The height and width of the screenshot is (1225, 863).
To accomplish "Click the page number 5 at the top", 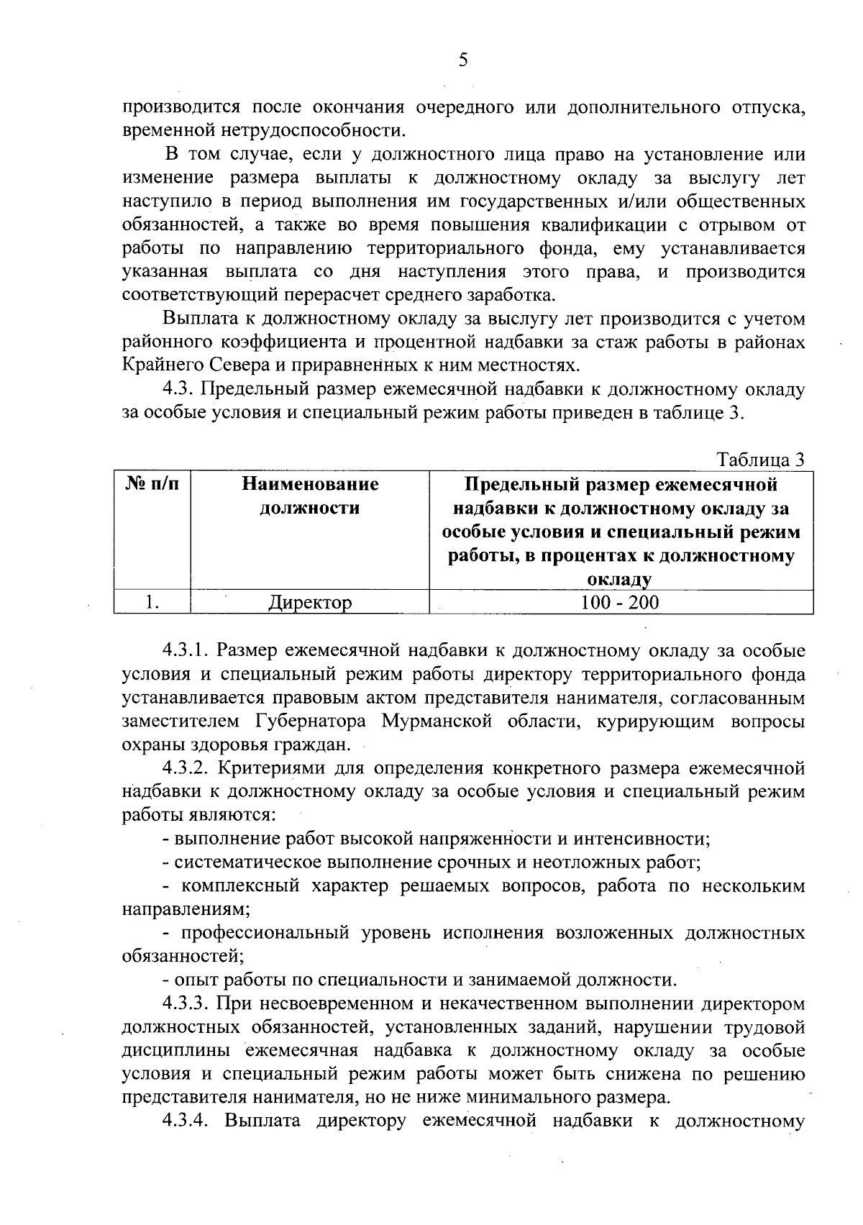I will click(463, 60).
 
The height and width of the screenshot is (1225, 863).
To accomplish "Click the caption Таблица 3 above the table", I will click(759, 460).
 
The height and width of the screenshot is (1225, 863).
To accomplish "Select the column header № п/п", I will click(152, 485).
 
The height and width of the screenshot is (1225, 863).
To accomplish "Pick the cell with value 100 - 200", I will click(620, 603).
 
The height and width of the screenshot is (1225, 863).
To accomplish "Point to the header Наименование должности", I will click(310, 496).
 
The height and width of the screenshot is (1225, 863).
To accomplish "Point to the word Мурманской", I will click(436, 721).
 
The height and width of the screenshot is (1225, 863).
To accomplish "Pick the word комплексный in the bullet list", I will click(239, 886).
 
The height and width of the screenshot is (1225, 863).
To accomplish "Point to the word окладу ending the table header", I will click(619, 580).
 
